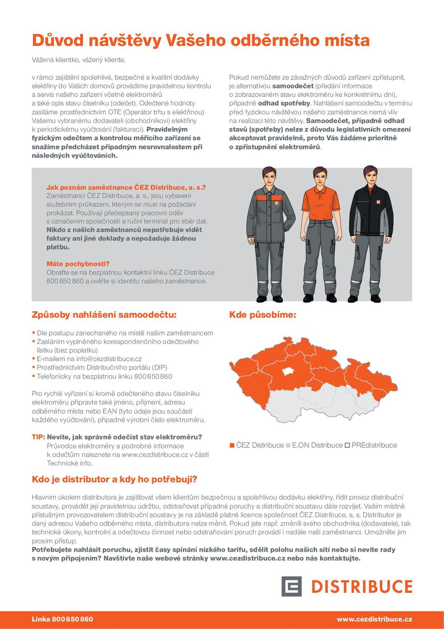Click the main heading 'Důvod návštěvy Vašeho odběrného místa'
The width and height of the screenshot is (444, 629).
200,40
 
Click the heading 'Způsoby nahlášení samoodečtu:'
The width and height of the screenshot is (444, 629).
104,315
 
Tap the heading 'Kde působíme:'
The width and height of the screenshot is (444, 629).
262,315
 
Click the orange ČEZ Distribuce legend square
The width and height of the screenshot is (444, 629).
232,445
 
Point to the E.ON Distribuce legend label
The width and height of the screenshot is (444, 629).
317,445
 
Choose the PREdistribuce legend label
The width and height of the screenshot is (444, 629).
374,445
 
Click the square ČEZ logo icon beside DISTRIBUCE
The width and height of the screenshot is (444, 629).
291,587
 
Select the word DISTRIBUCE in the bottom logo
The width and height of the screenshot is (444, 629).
362,587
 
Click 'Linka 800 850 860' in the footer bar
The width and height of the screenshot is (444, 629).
62,619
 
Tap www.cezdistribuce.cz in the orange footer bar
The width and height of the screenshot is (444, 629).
374,619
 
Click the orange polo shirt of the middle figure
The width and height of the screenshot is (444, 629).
320,204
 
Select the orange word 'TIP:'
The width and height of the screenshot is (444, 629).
38,437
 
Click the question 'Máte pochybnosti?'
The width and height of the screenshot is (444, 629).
78,264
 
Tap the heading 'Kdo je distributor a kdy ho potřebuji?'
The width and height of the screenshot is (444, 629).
114,480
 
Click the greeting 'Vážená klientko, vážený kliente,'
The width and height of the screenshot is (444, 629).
79,60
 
